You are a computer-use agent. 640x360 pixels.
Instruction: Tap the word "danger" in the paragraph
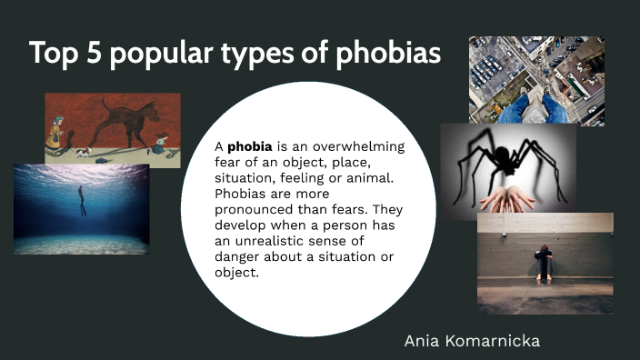click(x=237, y=257)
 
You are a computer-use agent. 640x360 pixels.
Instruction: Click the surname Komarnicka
click(x=515, y=341)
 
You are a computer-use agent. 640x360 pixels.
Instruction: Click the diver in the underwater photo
click(x=83, y=200)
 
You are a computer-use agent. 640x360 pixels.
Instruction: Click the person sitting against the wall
click(x=543, y=262)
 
